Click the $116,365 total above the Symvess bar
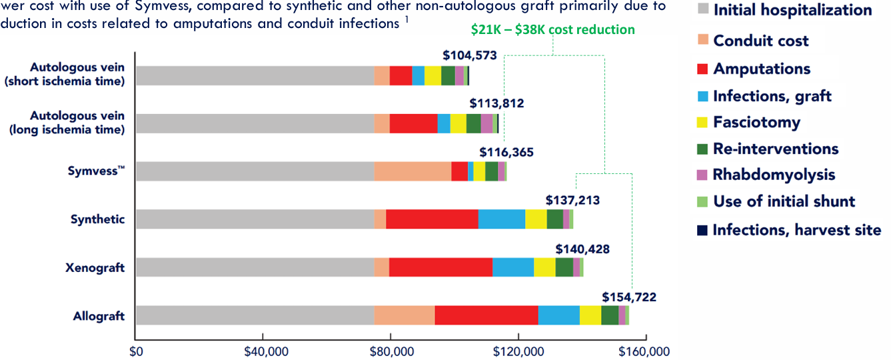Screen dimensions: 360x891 tap(506, 153)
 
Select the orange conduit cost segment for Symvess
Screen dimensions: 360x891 tap(413, 171)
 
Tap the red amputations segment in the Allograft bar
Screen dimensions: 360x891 tap(486, 315)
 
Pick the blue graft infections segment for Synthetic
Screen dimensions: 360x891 tap(502, 219)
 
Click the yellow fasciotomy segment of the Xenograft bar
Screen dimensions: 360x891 tap(544, 267)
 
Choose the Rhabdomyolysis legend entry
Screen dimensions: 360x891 tap(773, 175)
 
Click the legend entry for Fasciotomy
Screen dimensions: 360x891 tap(756, 122)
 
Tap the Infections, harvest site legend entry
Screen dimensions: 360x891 tap(796, 230)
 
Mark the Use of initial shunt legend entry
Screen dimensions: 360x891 tap(784, 201)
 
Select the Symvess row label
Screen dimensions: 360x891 tap(96, 171)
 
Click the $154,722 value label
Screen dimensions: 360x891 tap(629, 297)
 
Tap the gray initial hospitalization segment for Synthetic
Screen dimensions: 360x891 tap(255, 219)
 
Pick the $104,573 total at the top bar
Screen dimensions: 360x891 tap(470, 55)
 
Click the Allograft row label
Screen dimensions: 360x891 tap(99, 316)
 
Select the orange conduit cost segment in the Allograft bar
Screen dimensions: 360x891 tap(405, 315)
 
